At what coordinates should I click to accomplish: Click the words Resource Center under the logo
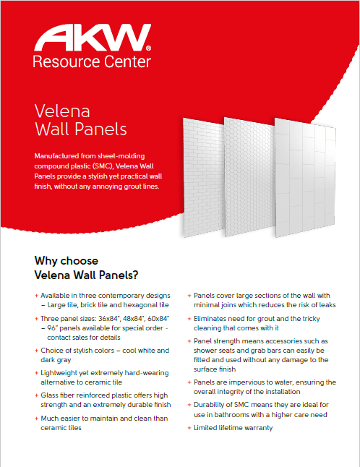pyautogui.click(x=92, y=61)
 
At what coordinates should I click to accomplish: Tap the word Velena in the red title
pyautogui.click(x=62, y=111)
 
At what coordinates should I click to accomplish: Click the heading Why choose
pyautogui.click(x=67, y=261)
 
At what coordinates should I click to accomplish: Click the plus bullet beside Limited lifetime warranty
pyautogui.click(x=189, y=428)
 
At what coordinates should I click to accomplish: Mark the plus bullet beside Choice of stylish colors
pyautogui.click(x=36, y=351)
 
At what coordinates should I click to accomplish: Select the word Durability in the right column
pyautogui.click(x=211, y=404)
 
